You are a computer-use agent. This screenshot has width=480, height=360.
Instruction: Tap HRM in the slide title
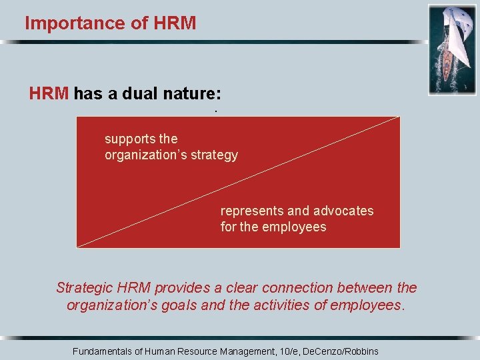pyautogui.click(x=175, y=23)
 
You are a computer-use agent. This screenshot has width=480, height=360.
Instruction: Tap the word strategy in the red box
pyautogui.click(x=213, y=155)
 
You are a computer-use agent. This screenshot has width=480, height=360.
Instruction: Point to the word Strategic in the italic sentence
pyautogui.click(x=85, y=288)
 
